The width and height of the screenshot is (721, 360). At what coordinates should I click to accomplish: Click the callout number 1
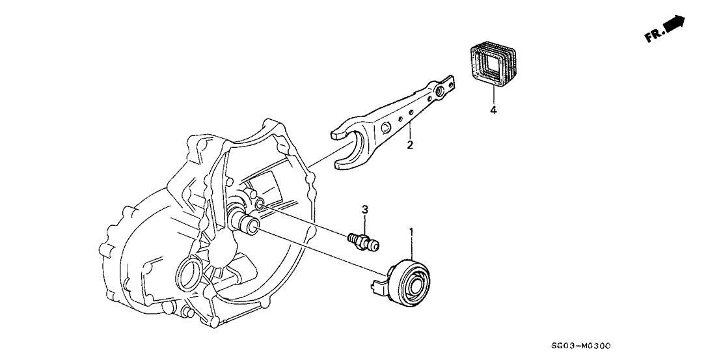[x=411, y=231]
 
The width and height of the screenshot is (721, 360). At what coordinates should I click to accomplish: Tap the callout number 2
[x=410, y=145]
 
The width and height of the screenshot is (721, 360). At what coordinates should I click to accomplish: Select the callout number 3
[x=365, y=210]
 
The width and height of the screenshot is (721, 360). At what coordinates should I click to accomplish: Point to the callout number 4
[x=493, y=111]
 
